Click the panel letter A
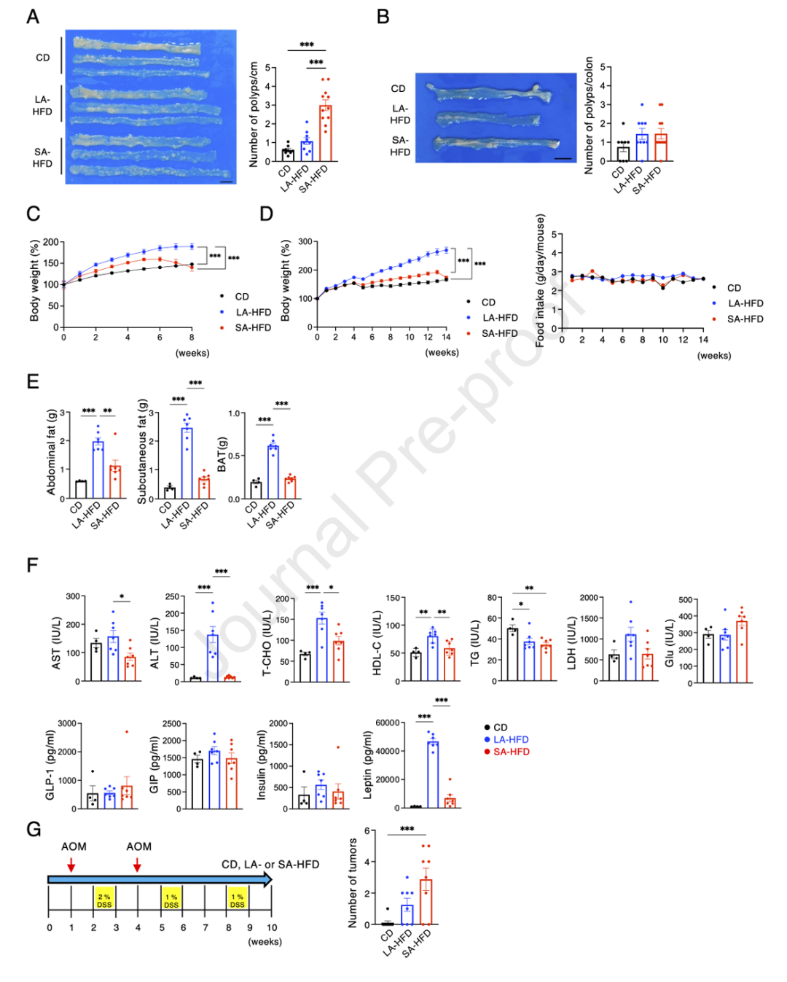pyautogui.click(x=33, y=16)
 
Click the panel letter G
pyautogui.click(x=34, y=829)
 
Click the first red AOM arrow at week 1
pyautogui.click(x=71, y=865)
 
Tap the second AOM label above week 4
pyautogui.click(x=138, y=846)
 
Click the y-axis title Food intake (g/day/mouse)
pyautogui.click(x=540, y=281)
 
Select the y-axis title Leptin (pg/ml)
pyautogui.click(x=367, y=765)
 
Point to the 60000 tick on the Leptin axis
pyautogui.click(x=388, y=722)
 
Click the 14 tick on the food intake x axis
pyautogui.click(x=703, y=340)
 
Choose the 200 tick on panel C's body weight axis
pyautogui.click(x=50, y=242)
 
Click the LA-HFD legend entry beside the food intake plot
pyautogui.click(x=745, y=303)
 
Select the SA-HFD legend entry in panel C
pyautogui.click(x=252, y=327)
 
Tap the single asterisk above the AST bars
pyautogui.click(x=122, y=597)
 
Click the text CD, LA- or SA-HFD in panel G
pyautogui.click(x=270, y=865)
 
